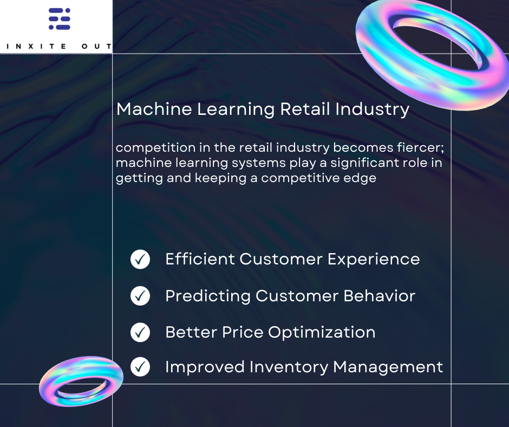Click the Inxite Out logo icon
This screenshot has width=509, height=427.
(x=60, y=19)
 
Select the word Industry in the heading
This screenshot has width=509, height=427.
(x=372, y=109)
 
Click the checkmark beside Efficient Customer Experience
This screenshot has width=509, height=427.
(x=140, y=260)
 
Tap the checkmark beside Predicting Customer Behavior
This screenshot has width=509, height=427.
(x=140, y=296)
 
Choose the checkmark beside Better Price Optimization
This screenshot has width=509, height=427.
(x=140, y=332)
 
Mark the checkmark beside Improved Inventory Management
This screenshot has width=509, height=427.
(x=140, y=367)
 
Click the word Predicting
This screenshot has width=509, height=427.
(x=207, y=296)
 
